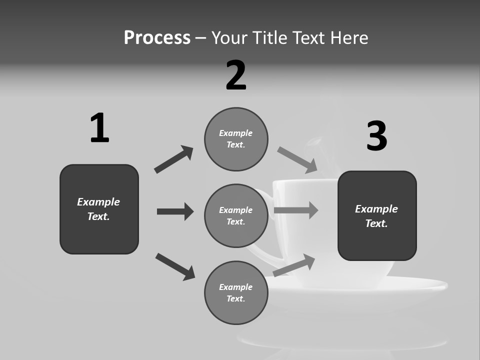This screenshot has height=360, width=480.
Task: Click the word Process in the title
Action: (157, 38)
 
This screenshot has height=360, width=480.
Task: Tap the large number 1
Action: (99, 128)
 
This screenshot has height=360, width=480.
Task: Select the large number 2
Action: (236, 75)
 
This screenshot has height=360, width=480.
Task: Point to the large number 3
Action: (377, 136)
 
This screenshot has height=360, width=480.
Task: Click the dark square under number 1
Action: (99, 209)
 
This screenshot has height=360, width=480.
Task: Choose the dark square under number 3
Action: (377, 216)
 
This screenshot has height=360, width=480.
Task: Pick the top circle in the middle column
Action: (236, 139)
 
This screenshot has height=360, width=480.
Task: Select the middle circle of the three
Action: (236, 216)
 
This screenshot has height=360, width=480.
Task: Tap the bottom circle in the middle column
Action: (236, 293)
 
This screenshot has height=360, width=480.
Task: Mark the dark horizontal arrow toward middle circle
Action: (175, 211)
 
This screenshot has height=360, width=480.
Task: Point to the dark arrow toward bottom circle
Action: (175, 266)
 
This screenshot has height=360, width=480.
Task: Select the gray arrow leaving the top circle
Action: (297, 160)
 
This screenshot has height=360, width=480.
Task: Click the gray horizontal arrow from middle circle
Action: (296, 210)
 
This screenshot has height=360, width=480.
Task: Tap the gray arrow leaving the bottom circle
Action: (294, 265)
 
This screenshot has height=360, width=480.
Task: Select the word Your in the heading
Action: (227, 38)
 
